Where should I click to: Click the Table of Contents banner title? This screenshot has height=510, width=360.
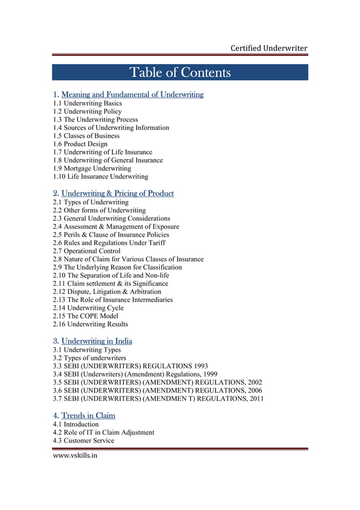point(180,73)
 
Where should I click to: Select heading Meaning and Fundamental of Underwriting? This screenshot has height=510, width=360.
point(132,94)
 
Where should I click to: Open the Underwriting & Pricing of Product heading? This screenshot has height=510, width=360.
point(117,194)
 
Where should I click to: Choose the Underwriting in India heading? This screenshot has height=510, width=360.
point(96,341)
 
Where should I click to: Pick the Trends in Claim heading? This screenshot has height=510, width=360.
point(88,416)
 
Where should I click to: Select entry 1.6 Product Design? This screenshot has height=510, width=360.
point(80,144)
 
